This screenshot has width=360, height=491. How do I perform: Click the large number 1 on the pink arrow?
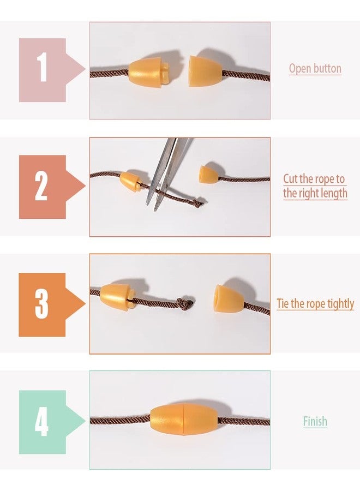coord(42,67)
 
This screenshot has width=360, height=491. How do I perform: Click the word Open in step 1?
coord(297,69)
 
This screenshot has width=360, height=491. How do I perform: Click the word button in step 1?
coord(325,68)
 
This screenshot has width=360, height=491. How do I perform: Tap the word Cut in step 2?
coord(291,179)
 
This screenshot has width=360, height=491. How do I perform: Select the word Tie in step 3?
coord(283,303)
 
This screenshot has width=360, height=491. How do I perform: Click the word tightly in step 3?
coord(340,304)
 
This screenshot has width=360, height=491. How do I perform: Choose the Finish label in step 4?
coord(315,421)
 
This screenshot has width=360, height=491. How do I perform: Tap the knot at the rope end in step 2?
coord(197,203)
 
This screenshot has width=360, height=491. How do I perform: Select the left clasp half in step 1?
coord(149,71)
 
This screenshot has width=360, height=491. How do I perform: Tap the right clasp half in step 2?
coord(209,174)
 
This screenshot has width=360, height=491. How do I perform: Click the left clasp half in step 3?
coord(118,297)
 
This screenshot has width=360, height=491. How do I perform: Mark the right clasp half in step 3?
coord(229,298)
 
